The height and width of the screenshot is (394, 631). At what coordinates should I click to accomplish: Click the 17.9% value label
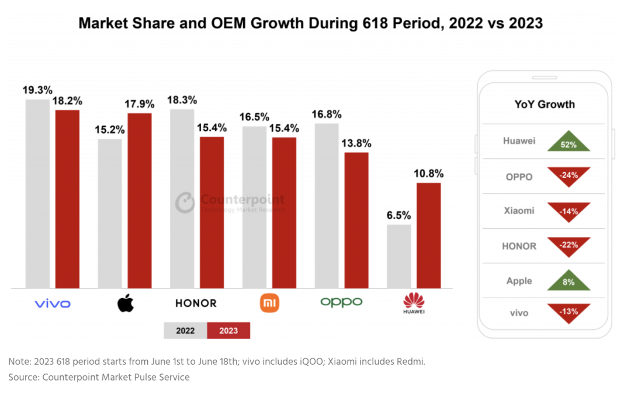click(x=139, y=104)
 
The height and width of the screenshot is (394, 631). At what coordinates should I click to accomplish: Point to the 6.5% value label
click(x=398, y=215)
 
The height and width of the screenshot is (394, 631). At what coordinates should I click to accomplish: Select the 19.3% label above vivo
click(x=37, y=90)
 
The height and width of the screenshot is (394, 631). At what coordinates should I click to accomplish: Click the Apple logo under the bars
click(x=126, y=303)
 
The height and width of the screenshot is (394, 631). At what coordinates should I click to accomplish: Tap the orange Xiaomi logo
click(x=269, y=303)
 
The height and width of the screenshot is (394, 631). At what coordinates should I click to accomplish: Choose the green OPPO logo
click(x=341, y=302)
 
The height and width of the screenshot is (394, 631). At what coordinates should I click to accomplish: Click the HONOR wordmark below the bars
click(x=196, y=303)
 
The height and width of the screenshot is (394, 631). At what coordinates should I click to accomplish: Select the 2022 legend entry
click(x=185, y=331)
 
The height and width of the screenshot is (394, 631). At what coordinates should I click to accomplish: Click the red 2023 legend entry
click(x=228, y=331)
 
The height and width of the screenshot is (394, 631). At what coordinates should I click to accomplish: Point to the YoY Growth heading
click(x=545, y=104)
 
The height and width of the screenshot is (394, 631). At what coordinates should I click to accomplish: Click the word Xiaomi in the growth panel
click(x=519, y=211)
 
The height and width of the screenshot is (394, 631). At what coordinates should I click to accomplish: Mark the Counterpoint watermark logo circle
click(x=185, y=202)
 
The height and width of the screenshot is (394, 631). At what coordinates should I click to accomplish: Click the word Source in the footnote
click(x=24, y=377)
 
